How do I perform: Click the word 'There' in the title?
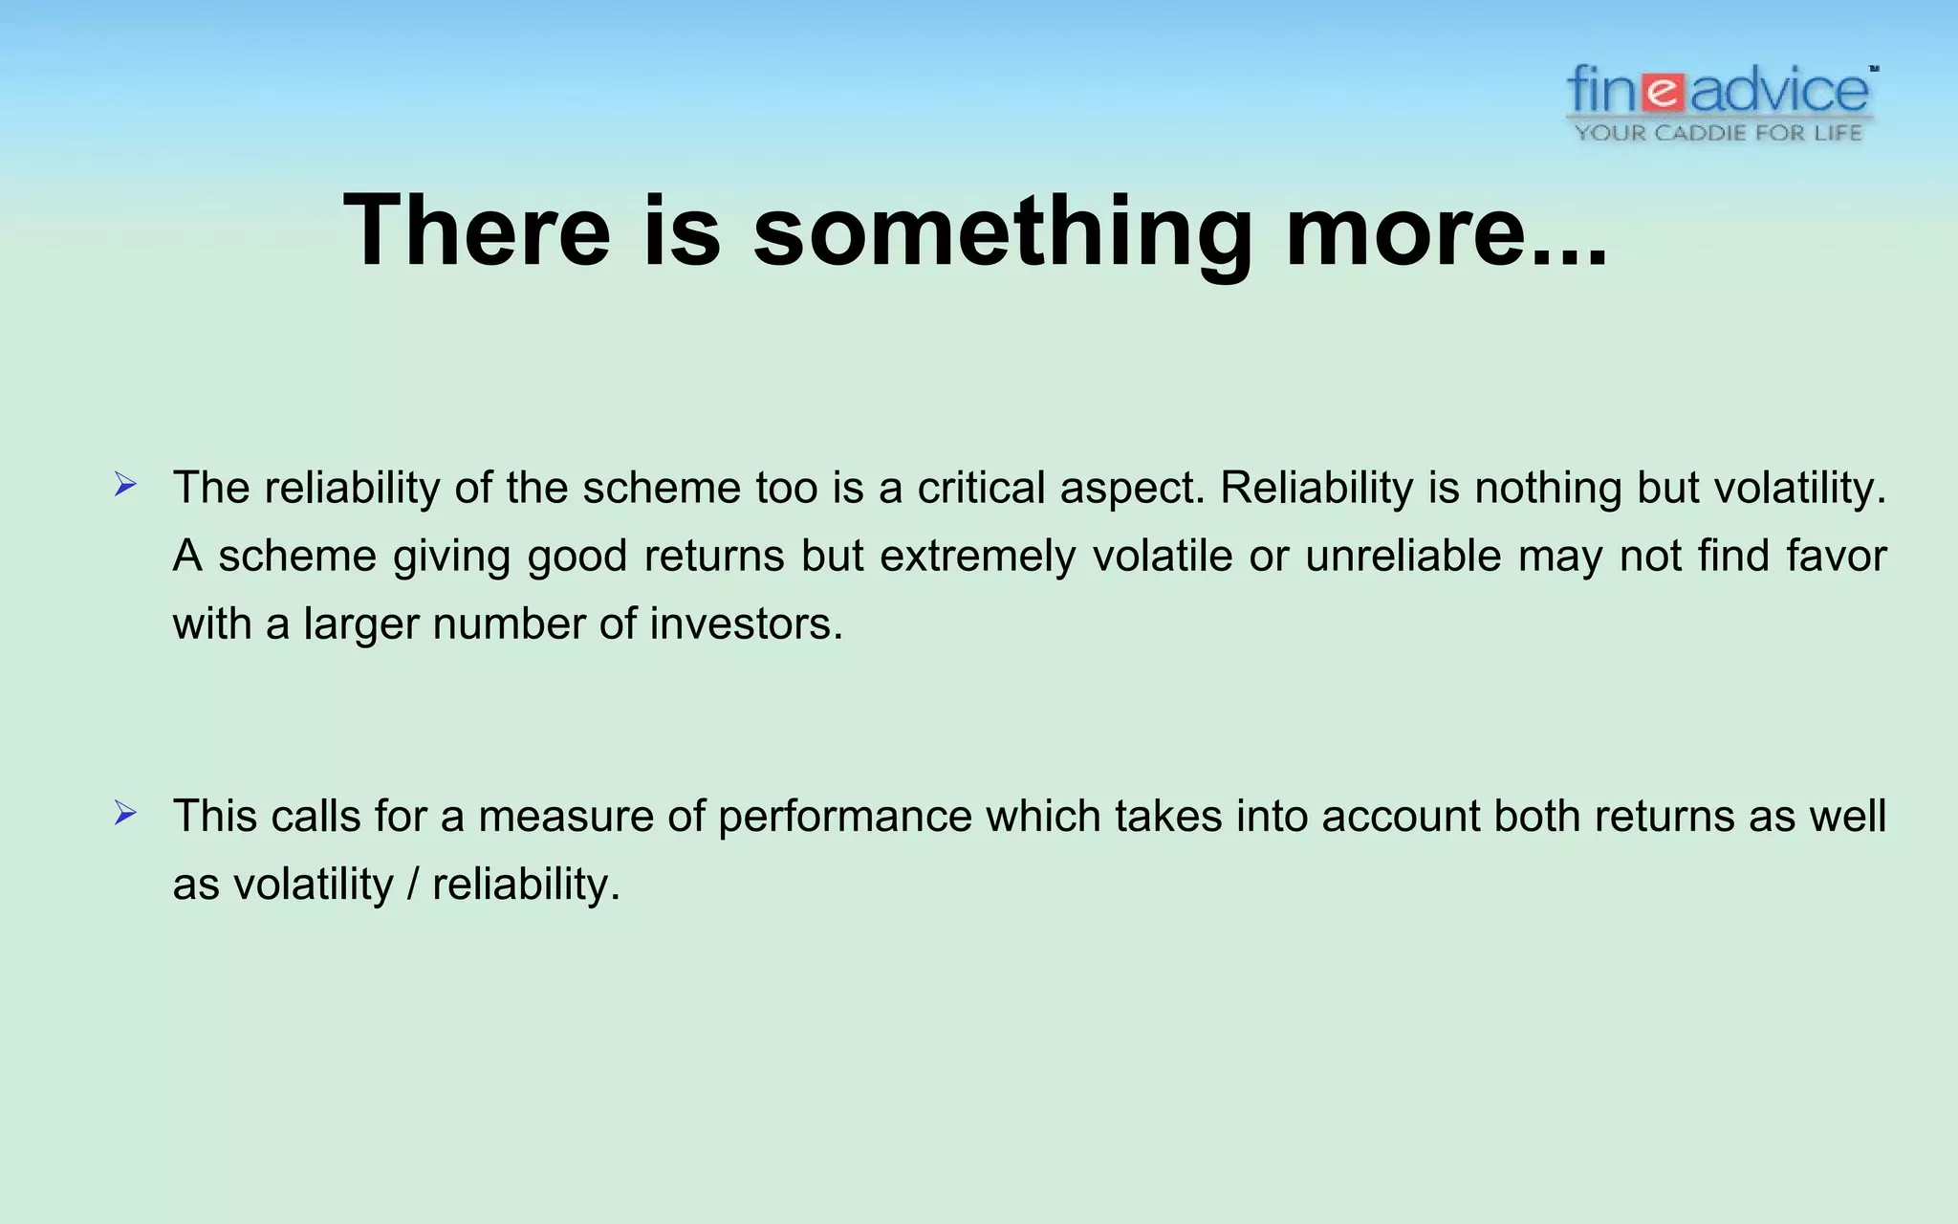476,230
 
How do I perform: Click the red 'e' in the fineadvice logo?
1664,93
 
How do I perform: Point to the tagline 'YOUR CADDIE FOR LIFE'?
1719,133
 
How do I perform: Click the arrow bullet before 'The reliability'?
125,485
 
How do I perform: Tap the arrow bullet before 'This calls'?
125,814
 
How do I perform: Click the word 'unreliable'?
1403,556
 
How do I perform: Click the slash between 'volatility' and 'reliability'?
413,885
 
